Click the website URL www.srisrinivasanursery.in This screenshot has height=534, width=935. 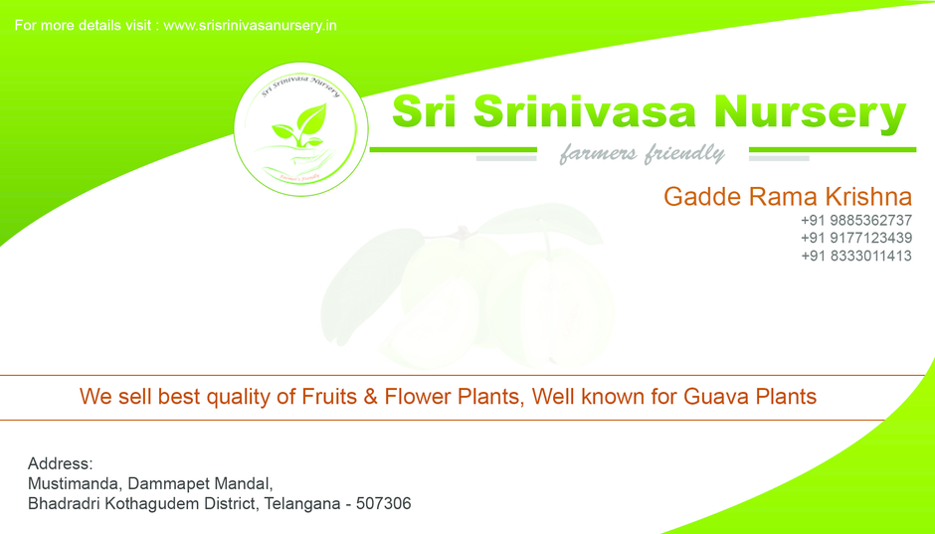click(250, 25)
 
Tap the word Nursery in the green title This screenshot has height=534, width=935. click(813, 112)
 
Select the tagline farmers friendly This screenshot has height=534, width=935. click(642, 154)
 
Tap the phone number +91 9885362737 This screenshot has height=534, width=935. click(855, 220)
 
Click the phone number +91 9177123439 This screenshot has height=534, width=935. click(855, 238)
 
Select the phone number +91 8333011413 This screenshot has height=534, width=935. click(855, 256)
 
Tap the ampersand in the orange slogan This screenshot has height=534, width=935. click(370, 397)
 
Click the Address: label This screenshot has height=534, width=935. click(60, 463)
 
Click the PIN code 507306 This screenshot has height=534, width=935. click(383, 503)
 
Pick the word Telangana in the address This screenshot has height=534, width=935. click(299, 503)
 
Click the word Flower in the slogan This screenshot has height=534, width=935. click(418, 397)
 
